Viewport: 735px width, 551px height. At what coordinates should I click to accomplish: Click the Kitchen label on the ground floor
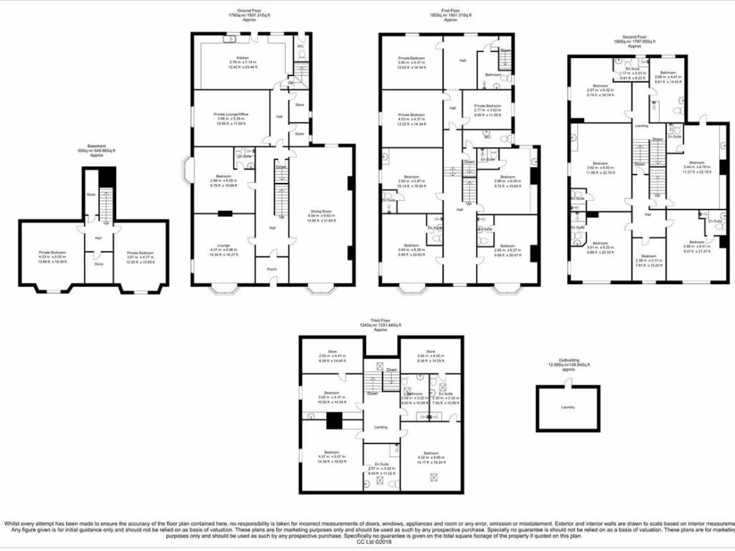(x=233, y=57)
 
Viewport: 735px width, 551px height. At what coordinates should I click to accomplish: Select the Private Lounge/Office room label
(x=233, y=113)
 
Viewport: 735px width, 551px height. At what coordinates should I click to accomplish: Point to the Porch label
(x=272, y=270)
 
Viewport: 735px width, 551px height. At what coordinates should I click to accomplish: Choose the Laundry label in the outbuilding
(x=568, y=407)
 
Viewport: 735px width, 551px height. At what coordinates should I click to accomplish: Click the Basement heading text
(x=96, y=146)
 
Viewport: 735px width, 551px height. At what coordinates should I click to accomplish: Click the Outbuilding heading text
(x=568, y=360)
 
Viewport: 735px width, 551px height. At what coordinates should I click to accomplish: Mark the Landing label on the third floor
(x=380, y=428)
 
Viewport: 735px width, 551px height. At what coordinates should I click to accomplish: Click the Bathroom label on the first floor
(x=492, y=74)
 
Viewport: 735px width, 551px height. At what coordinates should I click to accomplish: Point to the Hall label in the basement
(x=98, y=238)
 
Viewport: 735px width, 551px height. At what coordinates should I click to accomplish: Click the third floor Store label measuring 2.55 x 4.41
(x=332, y=352)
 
